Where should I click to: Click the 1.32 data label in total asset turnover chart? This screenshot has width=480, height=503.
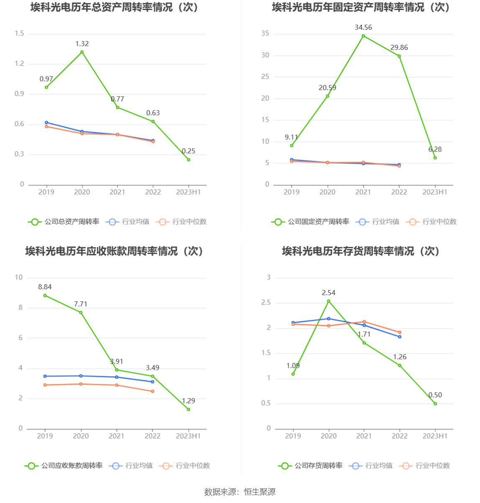coord(82,44)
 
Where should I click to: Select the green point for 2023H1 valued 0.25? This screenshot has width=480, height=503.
coord(189,160)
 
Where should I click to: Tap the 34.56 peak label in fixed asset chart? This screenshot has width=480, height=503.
coord(363,28)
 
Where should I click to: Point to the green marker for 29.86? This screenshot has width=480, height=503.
coord(399,56)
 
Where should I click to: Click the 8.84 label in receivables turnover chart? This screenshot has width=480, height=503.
coord(45,287)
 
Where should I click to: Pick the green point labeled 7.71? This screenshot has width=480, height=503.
coord(81,313)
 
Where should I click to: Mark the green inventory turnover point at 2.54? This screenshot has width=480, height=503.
coord(329,301)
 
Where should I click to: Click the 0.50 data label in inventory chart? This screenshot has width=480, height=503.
coord(435,395)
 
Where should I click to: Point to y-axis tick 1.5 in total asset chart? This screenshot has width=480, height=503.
coord(20,33)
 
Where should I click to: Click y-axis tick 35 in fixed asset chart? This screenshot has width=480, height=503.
coord(265,33)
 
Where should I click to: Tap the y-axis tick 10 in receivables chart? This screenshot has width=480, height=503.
coord(19,277)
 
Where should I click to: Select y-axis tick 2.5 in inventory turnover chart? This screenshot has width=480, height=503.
coord(266,303)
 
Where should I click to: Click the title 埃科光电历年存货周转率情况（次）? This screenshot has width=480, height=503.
coord(361,251)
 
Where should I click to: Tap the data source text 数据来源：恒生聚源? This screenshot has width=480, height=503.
coord(240,492)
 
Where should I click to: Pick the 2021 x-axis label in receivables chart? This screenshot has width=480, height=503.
coord(117,436)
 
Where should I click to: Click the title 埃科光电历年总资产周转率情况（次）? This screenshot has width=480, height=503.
coord(115,8)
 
